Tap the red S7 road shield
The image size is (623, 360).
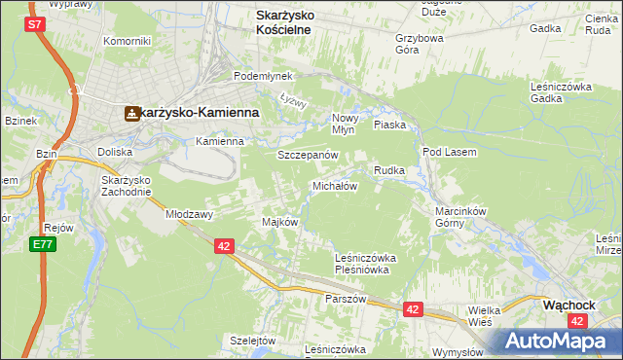(36, 24)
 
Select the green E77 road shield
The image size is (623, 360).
(42, 243)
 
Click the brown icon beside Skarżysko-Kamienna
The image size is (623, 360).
(131, 113)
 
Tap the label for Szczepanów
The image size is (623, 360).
(308, 155)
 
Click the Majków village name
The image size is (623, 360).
(279, 222)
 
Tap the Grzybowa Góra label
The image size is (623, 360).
(420, 45)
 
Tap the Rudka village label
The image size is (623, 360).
(389, 170)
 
